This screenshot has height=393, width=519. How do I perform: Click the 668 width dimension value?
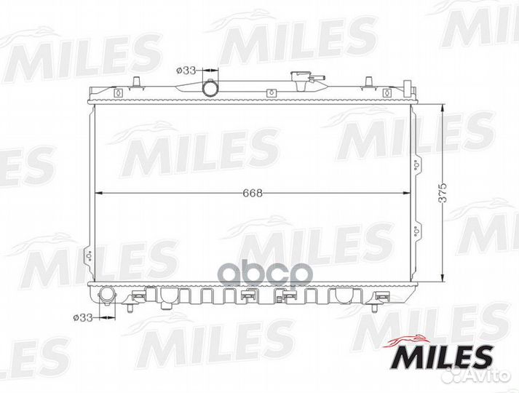253,193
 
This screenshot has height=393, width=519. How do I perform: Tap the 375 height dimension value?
443,192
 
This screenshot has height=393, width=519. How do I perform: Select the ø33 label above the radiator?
186,71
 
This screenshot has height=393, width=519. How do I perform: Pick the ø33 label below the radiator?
83,318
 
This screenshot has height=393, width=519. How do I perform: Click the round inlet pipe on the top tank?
210,87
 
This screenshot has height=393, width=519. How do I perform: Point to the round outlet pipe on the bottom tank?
107,295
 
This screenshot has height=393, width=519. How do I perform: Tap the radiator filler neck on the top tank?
299,81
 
